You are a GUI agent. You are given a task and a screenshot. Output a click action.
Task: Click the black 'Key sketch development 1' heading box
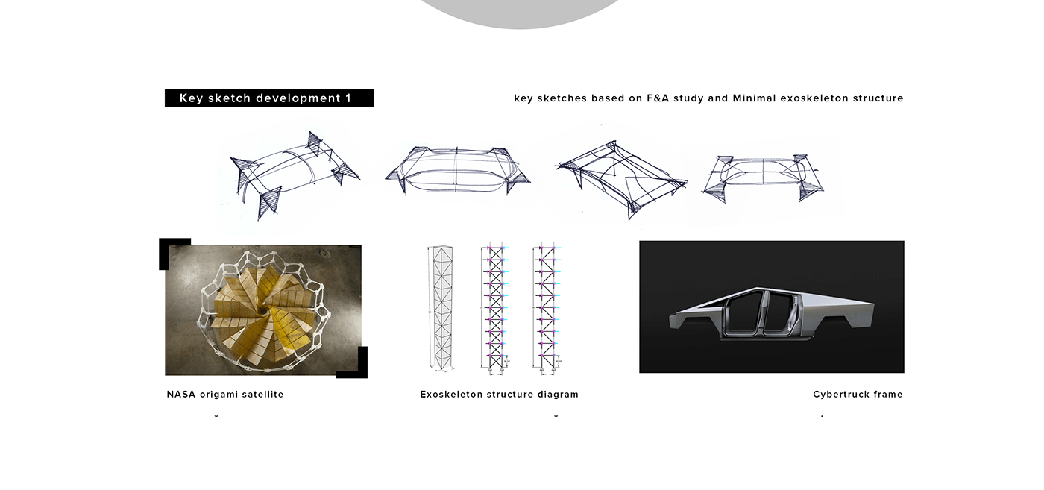(268, 98)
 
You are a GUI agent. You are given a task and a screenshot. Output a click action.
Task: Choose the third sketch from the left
(620, 178)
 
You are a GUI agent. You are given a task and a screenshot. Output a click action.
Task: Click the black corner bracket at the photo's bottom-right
(357, 368)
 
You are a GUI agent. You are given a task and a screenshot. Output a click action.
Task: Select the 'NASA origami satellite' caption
(225, 394)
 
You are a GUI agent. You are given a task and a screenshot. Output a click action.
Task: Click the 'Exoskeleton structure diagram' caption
(499, 394)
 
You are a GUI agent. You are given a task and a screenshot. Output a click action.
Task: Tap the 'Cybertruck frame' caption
(858, 394)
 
